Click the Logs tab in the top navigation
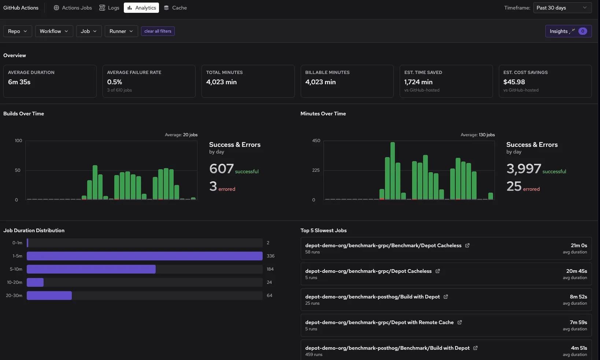(109, 8)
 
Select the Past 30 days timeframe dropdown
(561, 8)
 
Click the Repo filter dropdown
(18, 31)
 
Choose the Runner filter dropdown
(121, 31)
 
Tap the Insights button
(568, 31)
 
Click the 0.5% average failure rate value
(115, 82)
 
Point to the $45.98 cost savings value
(514, 82)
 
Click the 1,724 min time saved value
(418, 82)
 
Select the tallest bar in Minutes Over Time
(393, 170)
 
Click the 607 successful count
(221, 169)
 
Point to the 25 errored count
(514, 186)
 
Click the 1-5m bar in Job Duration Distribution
(144, 256)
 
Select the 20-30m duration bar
(49, 296)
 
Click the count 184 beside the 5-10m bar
(270, 269)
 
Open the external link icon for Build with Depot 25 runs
(446, 297)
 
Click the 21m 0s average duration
(579, 245)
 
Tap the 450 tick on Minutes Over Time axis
(316, 141)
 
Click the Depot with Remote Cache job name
(379, 322)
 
